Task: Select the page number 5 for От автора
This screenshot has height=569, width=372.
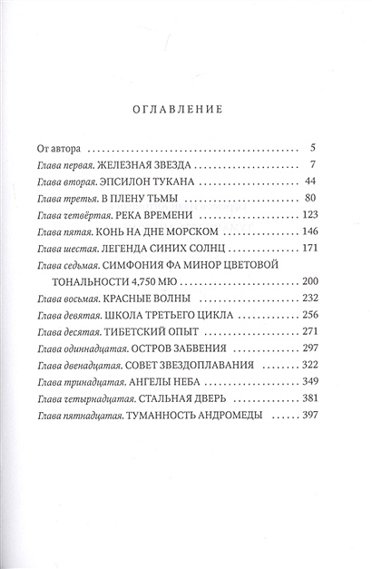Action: point(310,146)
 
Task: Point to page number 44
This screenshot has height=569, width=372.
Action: point(307,184)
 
